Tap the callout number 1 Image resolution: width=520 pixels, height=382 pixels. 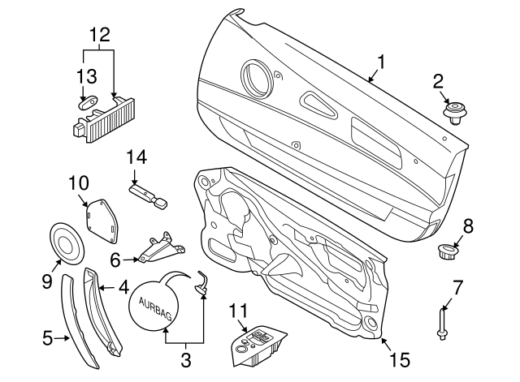(380, 62)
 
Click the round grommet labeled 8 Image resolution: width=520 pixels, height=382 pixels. (447, 251)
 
